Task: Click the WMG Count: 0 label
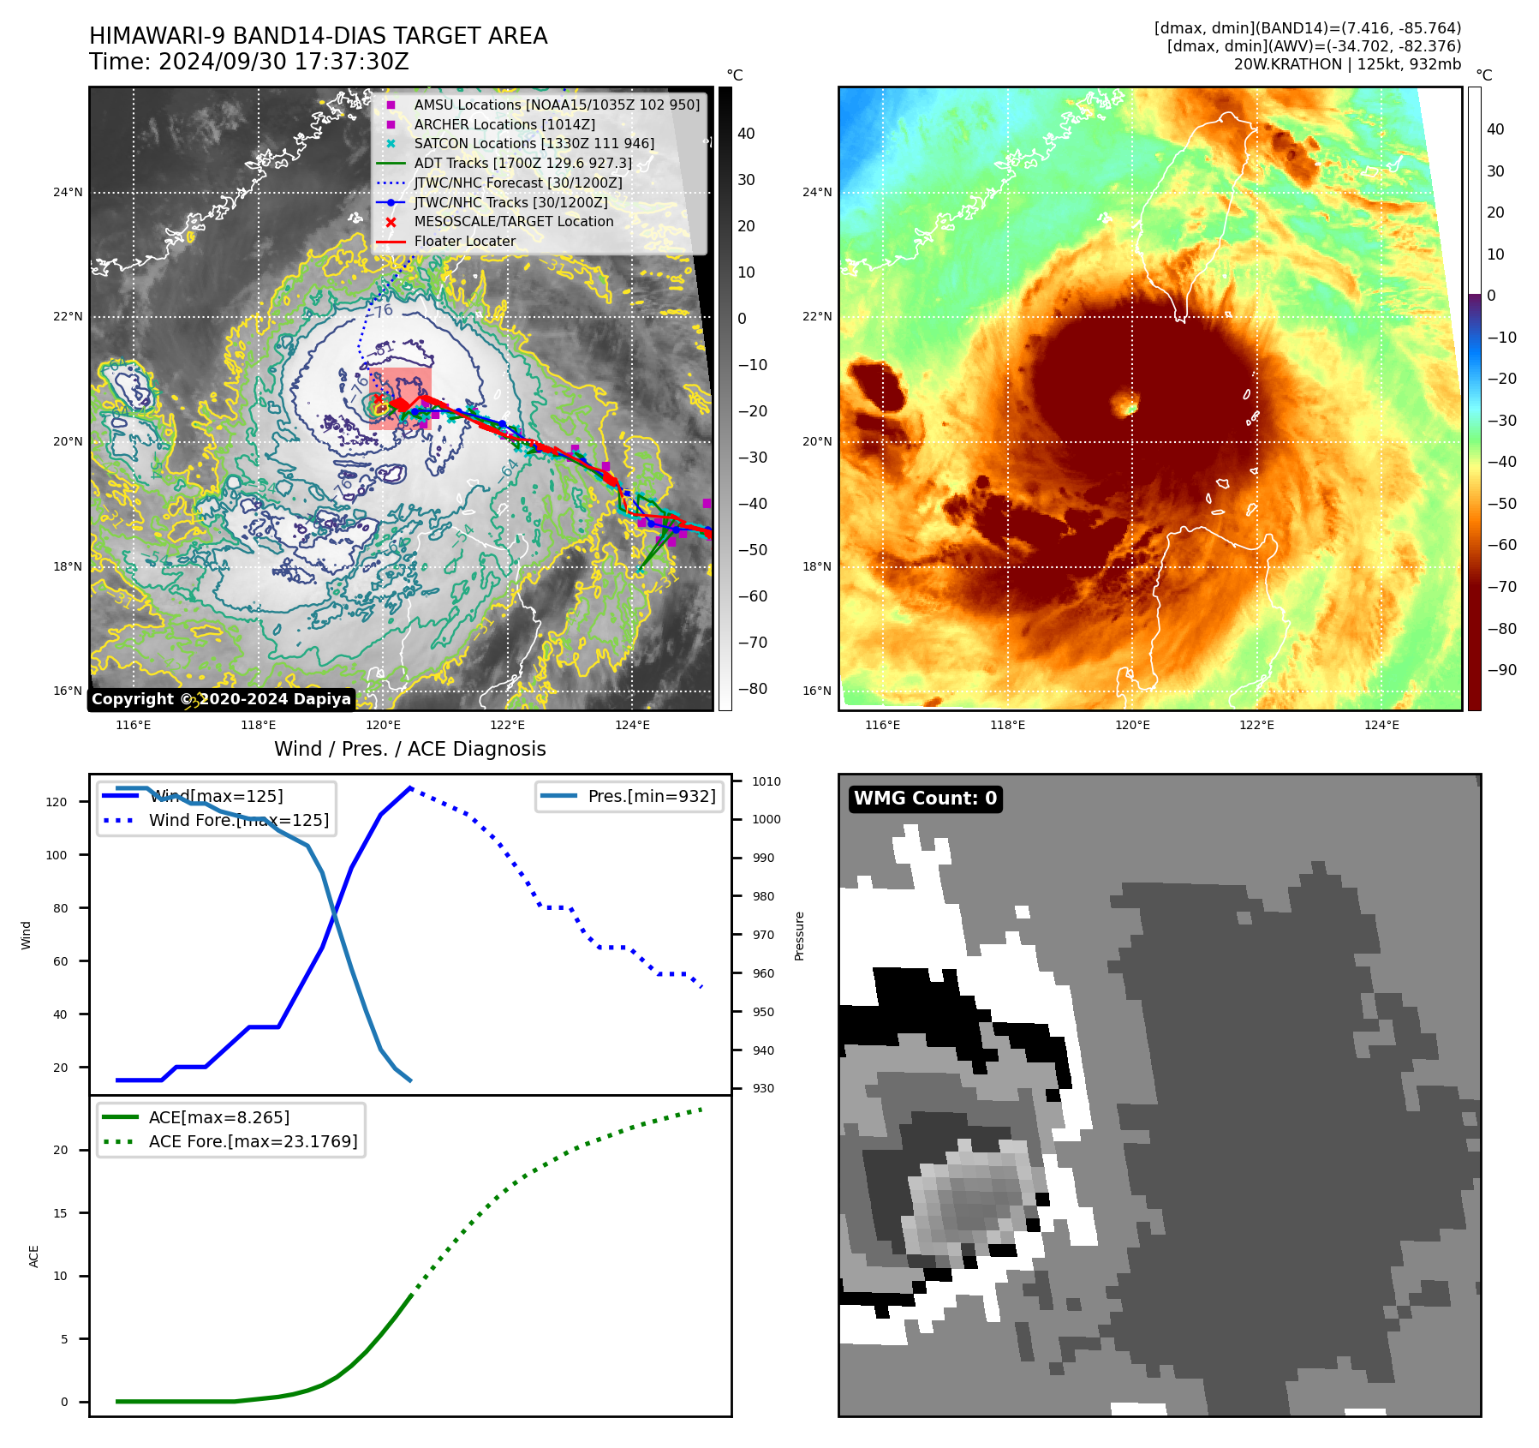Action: [925, 799]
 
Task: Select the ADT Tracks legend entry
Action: [522, 163]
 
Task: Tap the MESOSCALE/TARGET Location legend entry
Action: [514, 221]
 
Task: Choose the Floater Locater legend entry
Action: [464, 241]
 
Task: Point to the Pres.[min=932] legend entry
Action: [651, 796]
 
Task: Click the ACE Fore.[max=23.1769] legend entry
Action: [253, 1141]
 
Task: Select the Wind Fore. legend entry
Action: [238, 820]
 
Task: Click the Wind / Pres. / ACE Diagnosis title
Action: [409, 749]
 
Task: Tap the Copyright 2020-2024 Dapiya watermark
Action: [221, 699]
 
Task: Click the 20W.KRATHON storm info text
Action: [1347, 64]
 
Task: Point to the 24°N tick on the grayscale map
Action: [69, 192]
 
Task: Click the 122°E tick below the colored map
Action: [1256, 725]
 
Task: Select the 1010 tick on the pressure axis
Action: [767, 781]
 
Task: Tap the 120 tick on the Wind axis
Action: [57, 802]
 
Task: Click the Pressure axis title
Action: [799, 936]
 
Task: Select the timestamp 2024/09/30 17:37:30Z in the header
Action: [283, 63]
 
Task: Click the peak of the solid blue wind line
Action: [411, 787]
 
